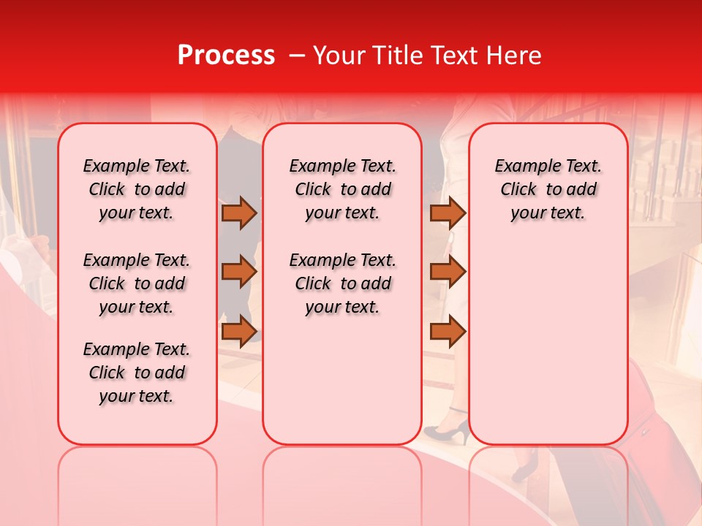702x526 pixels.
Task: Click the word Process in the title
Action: (226, 56)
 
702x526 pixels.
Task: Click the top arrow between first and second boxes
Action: (239, 213)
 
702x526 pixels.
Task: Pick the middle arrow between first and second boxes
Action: (239, 272)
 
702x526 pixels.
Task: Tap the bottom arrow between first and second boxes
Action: (239, 331)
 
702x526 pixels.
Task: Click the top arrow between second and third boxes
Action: (448, 213)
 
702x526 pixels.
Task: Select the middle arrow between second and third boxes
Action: (448, 272)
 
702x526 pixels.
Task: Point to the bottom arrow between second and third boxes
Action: (448, 331)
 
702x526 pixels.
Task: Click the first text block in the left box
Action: (137, 189)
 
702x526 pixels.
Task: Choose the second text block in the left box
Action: (137, 283)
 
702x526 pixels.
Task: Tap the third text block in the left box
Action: (137, 373)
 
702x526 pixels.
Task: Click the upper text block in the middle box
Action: (342, 189)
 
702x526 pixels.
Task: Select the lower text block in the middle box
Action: (342, 283)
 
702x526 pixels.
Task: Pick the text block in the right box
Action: (548, 189)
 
